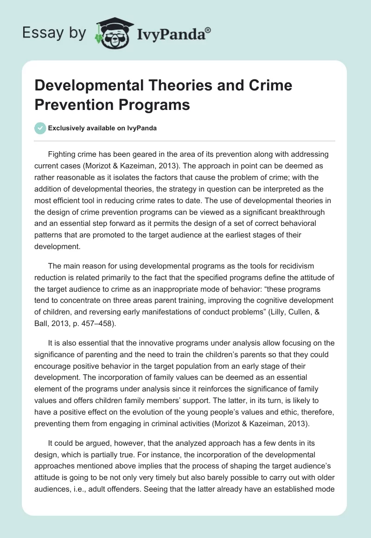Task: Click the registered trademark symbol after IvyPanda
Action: (x=208, y=30)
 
